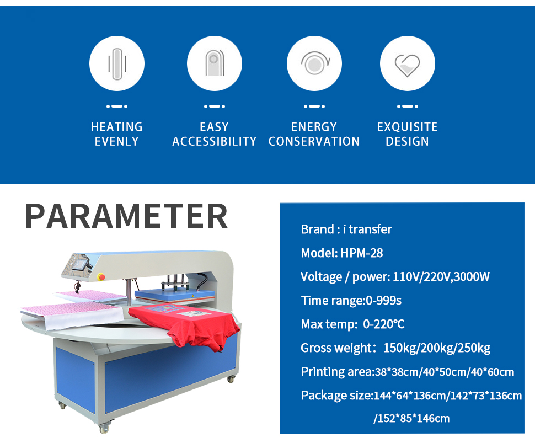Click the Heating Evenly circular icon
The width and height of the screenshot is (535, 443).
tap(117, 63)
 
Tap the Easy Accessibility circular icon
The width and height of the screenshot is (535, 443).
tap(214, 63)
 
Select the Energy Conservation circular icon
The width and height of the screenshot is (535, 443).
tap(314, 63)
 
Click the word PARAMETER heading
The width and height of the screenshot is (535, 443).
tap(127, 216)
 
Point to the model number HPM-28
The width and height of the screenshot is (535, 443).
tap(362, 253)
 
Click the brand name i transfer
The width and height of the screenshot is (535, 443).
tap(367, 229)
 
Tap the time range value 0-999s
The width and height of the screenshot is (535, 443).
tap(383, 300)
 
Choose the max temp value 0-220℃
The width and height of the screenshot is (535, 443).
tap(384, 324)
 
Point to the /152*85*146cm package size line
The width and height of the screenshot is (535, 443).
tap(411, 418)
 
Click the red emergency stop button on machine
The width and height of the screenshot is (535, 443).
tap(101, 276)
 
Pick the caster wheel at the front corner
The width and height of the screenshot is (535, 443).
tap(104, 428)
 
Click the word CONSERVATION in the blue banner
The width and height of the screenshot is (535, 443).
tap(314, 141)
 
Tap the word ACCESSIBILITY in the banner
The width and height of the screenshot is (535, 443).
tap(214, 141)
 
